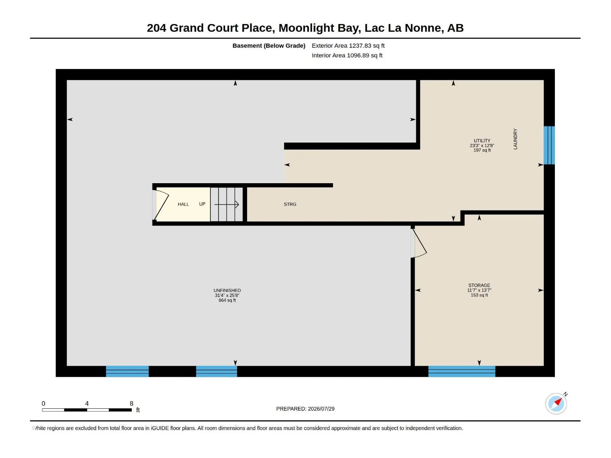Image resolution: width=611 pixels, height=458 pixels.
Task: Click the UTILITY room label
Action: pyautogui.click(x=482, y=141)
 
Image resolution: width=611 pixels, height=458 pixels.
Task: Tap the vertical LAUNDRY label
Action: pyautogui.click(x=515, y=139)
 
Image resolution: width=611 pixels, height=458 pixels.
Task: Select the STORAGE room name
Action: pyautogui.click(x=479, y=285)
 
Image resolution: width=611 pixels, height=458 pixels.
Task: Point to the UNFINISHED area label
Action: pyautogui.click(x=227, y=290)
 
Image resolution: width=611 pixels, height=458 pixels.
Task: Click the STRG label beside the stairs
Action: pyautogui.click(x=290, y=204)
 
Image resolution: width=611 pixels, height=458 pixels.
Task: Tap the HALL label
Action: pyautogui.click(x=183, y=204)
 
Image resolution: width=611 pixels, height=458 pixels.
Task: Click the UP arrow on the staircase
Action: pyautogui.click(x=226, y=205)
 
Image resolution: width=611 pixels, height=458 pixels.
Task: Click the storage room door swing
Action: pyautogui.click(x=419, y=242)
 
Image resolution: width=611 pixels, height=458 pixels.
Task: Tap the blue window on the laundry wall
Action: pyautogui.click(x=549, y=145)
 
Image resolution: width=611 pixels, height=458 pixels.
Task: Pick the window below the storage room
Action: pyautogui.click(x=462, y=371)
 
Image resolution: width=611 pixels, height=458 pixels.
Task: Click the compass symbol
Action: pyautogui.click(x=556, y=403)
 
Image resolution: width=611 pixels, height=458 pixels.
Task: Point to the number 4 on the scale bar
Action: pyautogui.click(x=87, y=403)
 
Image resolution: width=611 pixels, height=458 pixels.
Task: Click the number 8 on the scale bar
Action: pyautogui.click(x=131, y=403)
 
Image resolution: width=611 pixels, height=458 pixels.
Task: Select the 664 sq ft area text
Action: pyautogui.click(x=227, y=300)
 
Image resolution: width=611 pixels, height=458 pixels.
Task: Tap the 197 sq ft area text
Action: pyautogui.click(x=482, y=150)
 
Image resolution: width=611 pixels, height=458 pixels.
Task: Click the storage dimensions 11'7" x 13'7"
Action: pyautogui.click(x=479, y=290)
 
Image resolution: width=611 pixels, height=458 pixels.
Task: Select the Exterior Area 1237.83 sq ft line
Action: pyautogui.click(x=348, y=45)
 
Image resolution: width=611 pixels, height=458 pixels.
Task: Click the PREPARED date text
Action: pyautogui.click(x=305, y=408)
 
